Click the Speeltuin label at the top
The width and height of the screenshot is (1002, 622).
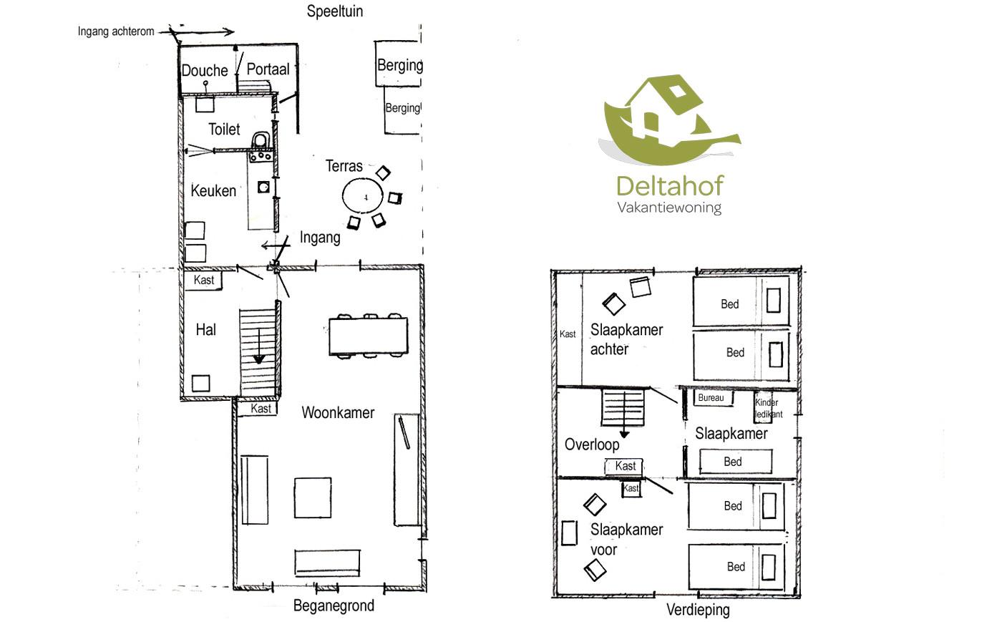[x=334, y=11]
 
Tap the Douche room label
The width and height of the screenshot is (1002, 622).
[x=204, y=70]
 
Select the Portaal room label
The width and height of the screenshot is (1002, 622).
[x=268, y=69]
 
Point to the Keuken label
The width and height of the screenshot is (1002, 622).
[x=213, y=190]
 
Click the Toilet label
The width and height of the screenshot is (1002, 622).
[x=224, y=129]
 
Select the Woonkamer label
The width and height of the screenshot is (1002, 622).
[x=338, y=412]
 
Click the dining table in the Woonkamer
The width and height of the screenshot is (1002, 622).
[x=368, y=336]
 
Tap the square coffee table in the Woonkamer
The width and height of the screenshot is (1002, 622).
[x=313, y=498]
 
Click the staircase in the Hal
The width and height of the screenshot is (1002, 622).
[x=258, y=351]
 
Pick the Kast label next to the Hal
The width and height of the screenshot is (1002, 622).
[x=204, y=280]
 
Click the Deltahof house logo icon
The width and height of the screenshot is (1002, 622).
[x=668, y=118]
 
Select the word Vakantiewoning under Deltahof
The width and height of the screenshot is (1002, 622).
[x=669, y=208]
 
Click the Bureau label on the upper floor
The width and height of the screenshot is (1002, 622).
[x=711, y=398]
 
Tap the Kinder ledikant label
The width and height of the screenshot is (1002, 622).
[x=768, y=408]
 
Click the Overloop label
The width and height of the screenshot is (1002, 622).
[x=592, y=444]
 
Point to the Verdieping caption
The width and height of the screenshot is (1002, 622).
[x=698, y=610]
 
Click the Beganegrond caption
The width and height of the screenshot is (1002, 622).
[x=334, y=606]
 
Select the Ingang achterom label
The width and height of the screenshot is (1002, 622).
[x=116, y=31]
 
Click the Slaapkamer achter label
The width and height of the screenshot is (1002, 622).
[x=626, y=339]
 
